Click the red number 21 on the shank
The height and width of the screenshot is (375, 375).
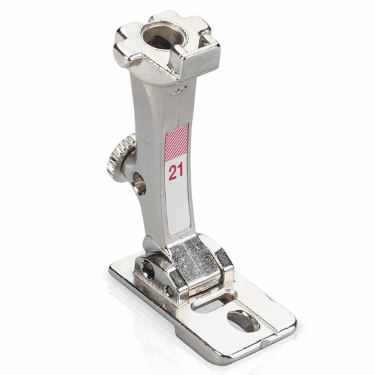coord(176,171)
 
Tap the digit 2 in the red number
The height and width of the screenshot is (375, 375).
coord(172,172)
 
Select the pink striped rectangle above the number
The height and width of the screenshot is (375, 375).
coord(176,143)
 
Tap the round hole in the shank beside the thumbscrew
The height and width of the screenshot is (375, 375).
coord(139,183)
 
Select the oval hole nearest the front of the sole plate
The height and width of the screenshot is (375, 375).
coord(243,322)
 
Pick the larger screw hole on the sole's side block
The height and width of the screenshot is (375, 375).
coord(147,269)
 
